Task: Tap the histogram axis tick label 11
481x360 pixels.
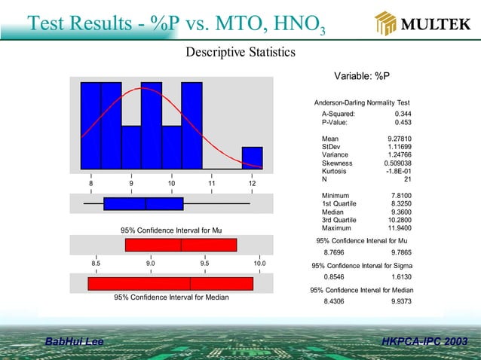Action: tap(212, 184)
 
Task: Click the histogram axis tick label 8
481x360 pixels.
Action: tap(91, 184)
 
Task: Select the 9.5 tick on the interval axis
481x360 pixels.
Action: tap(205, 264)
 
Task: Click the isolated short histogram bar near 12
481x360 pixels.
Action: tap(252, 157)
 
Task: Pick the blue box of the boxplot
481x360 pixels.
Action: tap(143, 203)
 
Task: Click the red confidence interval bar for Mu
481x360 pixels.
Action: tap(181, 245)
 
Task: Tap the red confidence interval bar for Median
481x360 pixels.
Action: tap(170, 283)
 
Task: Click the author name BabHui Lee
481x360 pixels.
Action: tap(75, 343)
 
